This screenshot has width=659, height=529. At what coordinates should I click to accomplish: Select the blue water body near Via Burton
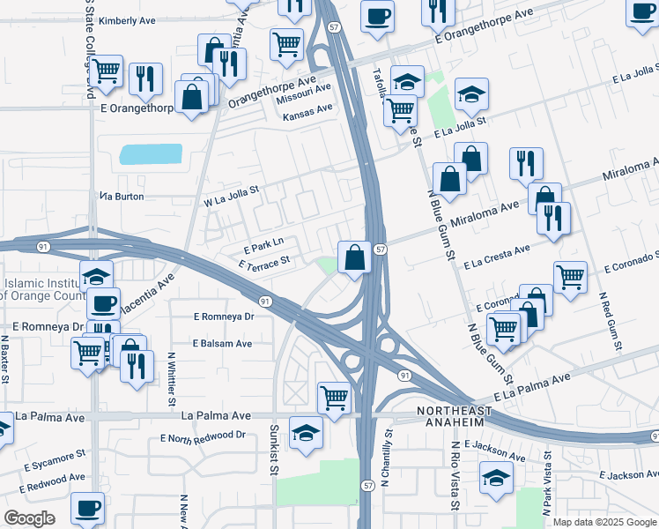[x=151, y=154]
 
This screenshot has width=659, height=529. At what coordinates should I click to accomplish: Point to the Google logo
[x=29, y=518]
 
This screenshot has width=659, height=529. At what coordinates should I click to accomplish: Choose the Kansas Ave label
[x=307, y=108]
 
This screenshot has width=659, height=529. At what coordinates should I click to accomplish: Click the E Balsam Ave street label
[x=223, y=344]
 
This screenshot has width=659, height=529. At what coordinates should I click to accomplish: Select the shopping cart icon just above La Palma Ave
[x=334, y=398]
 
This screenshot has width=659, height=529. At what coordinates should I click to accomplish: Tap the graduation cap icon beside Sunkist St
[x=306, y=433]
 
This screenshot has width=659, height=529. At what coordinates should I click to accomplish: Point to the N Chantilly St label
[x=385, y=458]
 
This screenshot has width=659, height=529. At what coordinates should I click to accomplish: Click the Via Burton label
[x=122, y=197]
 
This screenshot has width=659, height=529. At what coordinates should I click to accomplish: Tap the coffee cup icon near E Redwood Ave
[x=88, y=508]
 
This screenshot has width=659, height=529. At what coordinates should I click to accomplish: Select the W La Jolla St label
[x=232, y=195]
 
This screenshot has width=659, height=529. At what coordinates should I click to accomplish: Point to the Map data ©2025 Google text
[x=603, y=522]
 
